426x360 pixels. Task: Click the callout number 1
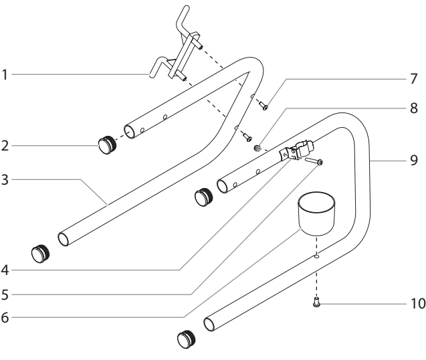pos(5,75)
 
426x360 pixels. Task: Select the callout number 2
pos(5,146)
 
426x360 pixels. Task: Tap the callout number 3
pos(5,180)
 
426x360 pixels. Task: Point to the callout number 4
pos(5,270)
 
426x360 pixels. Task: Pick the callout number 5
pos(5,294)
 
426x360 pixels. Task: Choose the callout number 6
pos(5,317)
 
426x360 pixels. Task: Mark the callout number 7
pos(413,79)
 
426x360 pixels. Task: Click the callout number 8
pos(413,108)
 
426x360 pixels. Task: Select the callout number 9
pos(413,160)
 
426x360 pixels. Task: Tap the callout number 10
pos(418,303)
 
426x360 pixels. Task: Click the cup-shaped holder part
pos(316,213)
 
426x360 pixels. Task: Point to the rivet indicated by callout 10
pos(316,302)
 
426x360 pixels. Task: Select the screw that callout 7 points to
pos(263,106)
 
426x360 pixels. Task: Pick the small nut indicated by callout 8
pos(257,148)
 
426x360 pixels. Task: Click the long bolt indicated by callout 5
pos(314,161)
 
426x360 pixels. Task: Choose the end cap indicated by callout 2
pos(107,145)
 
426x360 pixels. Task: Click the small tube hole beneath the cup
pos(316,256)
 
